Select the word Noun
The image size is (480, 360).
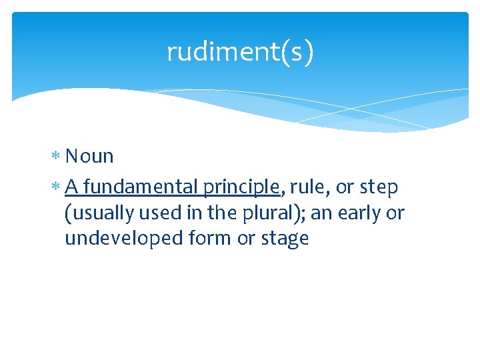point(89,157)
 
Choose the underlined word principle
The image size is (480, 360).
point(242,189)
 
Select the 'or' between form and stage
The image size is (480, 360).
point(245,239)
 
